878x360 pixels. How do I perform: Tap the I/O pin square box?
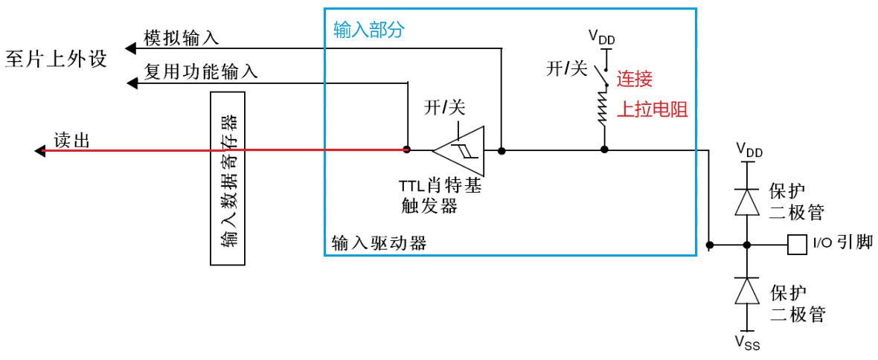(x=797, y=244)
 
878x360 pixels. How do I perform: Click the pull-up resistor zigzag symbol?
(x=603, y=112)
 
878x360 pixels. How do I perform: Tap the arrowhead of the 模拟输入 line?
(x=129, y=48)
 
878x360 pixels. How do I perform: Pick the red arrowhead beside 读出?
(x=40, y=150)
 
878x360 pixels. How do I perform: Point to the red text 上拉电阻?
(x=652, y=110)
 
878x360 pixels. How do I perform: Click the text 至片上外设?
(x=56, y=59)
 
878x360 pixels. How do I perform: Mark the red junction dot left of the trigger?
(x=406, y=150)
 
